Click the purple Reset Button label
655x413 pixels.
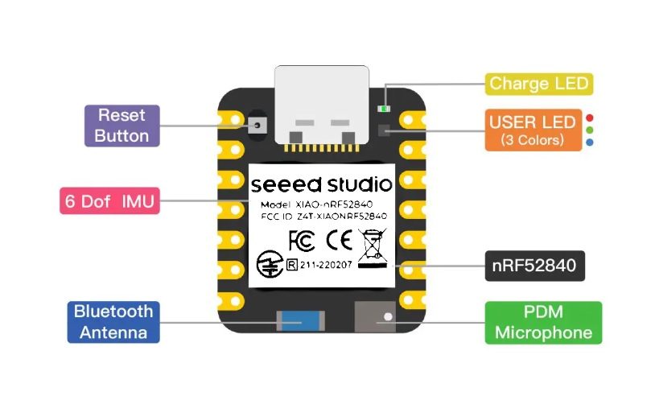(122, 126)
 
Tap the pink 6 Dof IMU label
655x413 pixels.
(109, 201)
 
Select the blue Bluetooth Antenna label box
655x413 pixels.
(113, 322)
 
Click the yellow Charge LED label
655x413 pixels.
(539, 84)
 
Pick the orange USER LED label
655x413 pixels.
(533, 130)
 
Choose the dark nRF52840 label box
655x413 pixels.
(534, 266)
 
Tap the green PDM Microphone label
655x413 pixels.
(543, 323)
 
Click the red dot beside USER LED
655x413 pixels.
(589, 118)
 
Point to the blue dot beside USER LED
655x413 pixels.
(589, 142)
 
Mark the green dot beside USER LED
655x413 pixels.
(589, 130)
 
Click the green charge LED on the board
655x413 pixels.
(384, 109)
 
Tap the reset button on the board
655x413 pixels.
(257, 126)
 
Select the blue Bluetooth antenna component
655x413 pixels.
(300, 321)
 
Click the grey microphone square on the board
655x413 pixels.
(375, 317)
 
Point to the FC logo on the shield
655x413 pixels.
(302, 241)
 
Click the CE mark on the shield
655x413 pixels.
(339, 240)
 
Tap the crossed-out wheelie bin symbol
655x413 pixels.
(373, 248)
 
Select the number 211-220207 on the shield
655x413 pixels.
(326, 265)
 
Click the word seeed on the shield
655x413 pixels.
(286, 185)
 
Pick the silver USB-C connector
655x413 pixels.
(322, 105)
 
